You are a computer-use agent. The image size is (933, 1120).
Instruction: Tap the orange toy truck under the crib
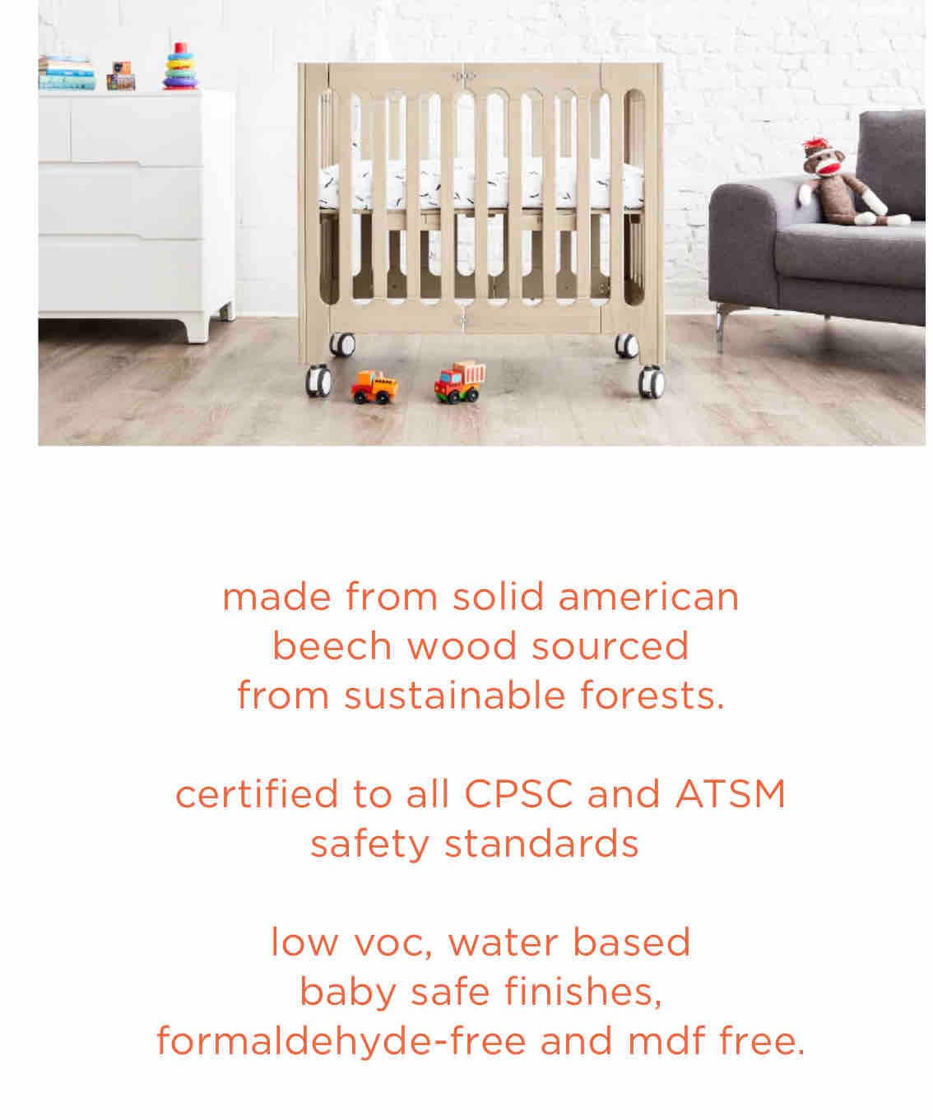coord(374,387)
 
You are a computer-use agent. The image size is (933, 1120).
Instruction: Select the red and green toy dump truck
coord(459,381)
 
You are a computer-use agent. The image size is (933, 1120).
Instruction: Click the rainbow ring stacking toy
coord(181,66)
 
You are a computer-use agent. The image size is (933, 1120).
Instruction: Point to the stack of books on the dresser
coord(67,72)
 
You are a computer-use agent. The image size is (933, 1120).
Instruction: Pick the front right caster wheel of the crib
coord(651,382)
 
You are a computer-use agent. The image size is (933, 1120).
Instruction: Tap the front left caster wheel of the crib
coord(318,380)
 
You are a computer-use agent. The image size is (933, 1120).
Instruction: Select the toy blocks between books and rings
coord(121,76)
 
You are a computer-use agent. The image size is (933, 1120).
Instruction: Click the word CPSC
coord(518,794)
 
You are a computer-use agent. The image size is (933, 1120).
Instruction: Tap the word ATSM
coord(731,794)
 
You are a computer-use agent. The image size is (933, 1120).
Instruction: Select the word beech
coord(332,646)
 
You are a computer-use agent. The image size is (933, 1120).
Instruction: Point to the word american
coord(649,597)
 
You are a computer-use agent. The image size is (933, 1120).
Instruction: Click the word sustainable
coord(455,695)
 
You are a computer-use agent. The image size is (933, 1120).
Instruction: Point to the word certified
coord(257,793)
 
